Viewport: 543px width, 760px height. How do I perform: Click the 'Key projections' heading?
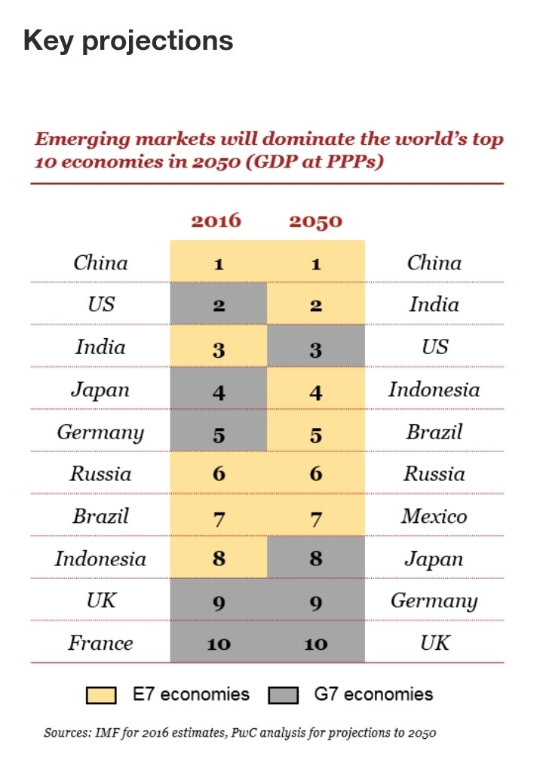tap(128, 41)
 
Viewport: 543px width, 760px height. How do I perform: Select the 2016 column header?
tap(216, 221)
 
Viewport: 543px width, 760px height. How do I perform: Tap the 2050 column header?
tap(316, 221)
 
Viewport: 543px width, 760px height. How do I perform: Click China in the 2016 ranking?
tap(101, 263)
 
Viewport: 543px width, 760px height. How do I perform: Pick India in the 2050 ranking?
tap(434, 304)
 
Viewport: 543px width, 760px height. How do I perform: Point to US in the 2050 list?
tap(435, 347)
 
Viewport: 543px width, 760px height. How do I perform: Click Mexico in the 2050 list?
tap(434, 516)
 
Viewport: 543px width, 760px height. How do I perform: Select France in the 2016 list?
tap(100, 643)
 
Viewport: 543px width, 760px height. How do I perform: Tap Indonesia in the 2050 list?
tap(434, 389)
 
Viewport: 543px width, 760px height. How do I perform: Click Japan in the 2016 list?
tap(100, 389)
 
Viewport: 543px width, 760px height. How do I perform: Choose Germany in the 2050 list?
tap(434, 601)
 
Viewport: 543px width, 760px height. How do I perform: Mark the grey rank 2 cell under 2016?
tap(219, 303)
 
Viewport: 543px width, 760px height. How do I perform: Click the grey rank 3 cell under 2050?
tap(316, 346)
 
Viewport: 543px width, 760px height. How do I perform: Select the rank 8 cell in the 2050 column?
tap(316, 557)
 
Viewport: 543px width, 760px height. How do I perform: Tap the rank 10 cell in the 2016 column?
tap(219, 642)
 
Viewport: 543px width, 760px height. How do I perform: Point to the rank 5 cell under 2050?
tap(316, 430)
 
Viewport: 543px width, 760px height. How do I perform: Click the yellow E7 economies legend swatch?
tap(101, 695)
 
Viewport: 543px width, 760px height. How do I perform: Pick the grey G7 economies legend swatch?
tap(284, 695)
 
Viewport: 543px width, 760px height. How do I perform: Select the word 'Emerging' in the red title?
tap(82, 140)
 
